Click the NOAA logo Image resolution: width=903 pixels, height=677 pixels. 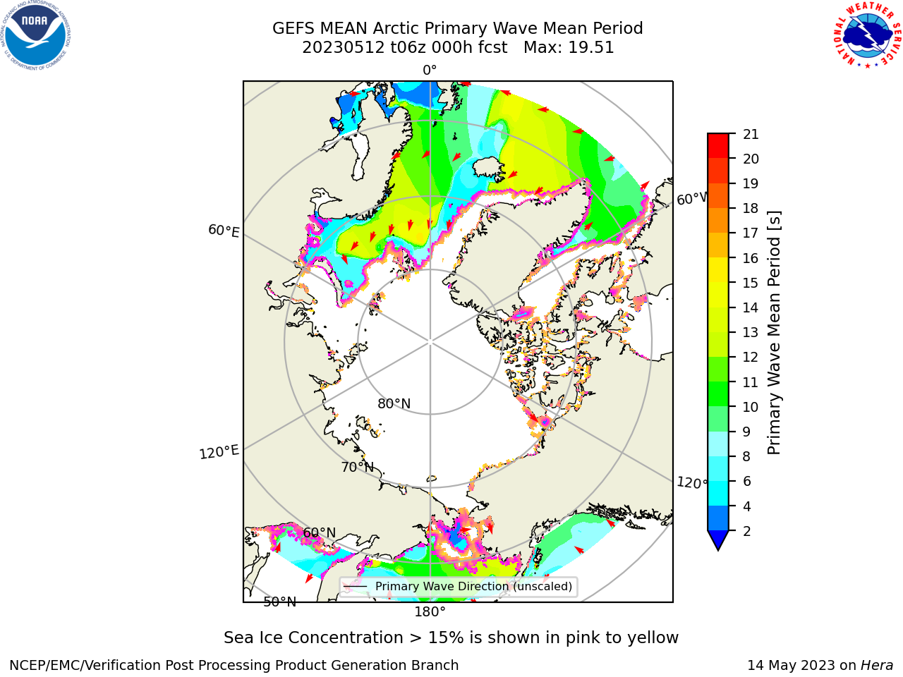36,36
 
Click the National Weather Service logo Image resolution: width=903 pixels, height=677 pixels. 867,35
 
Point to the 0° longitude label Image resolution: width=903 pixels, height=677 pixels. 430,71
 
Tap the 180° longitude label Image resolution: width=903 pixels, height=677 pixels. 430,612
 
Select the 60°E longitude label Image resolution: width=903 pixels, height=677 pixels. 224,231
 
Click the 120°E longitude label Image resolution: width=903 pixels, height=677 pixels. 219,452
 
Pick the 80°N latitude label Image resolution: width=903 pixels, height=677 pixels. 394,403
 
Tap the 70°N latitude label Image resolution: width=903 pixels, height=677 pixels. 358,467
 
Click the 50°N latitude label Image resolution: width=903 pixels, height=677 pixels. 280,602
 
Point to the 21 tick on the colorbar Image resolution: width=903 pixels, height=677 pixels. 751,134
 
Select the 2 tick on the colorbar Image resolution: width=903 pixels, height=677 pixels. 747,530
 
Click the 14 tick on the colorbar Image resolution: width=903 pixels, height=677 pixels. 751,307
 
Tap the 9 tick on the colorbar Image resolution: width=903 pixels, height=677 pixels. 747,432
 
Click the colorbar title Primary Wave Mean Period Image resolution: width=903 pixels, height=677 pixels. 774,333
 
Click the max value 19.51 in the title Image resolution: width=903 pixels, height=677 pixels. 590,48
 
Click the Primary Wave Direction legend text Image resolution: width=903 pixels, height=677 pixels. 473,586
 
